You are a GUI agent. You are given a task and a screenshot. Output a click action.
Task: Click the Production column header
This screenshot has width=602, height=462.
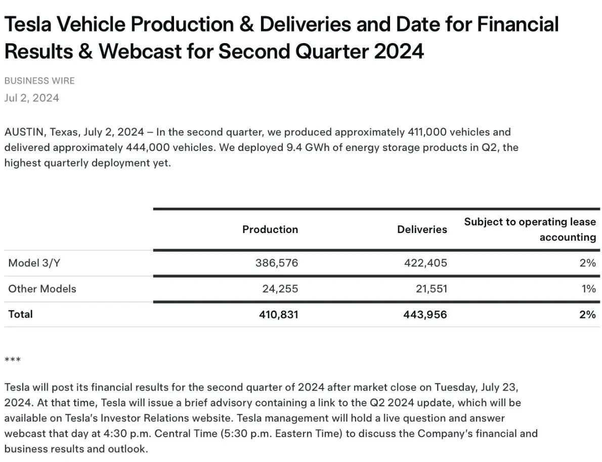pos(270,229)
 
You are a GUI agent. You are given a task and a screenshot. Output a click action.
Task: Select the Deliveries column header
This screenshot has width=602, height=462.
pos(422,229)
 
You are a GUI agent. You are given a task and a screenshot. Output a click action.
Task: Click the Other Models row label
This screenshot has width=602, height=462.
pos(42,289)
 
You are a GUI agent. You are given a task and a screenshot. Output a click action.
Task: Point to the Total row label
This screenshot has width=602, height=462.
pos(20,314)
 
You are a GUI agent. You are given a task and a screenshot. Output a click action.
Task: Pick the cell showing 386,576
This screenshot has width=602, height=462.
pos(277,263)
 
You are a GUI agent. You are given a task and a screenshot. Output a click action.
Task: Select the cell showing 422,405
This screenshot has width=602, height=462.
pos(425,263)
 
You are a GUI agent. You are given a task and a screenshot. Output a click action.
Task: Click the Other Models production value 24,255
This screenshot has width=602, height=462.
pos(280,289)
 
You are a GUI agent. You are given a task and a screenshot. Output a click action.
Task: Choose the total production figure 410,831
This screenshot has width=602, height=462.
pos(278,315)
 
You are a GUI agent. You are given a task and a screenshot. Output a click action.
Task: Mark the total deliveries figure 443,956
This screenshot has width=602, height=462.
pos(425,315)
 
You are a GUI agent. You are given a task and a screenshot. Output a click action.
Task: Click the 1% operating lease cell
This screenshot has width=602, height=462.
pos(588,289)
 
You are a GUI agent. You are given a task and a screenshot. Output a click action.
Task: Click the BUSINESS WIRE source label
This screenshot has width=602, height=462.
pos(39,81)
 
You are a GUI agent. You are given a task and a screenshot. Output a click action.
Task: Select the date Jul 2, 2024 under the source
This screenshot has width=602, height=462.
pos(32,98)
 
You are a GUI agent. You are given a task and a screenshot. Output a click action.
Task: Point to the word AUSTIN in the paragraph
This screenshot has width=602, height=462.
pos(25,132)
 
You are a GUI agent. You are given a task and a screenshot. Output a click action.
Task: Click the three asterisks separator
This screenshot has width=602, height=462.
pos(13,360)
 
